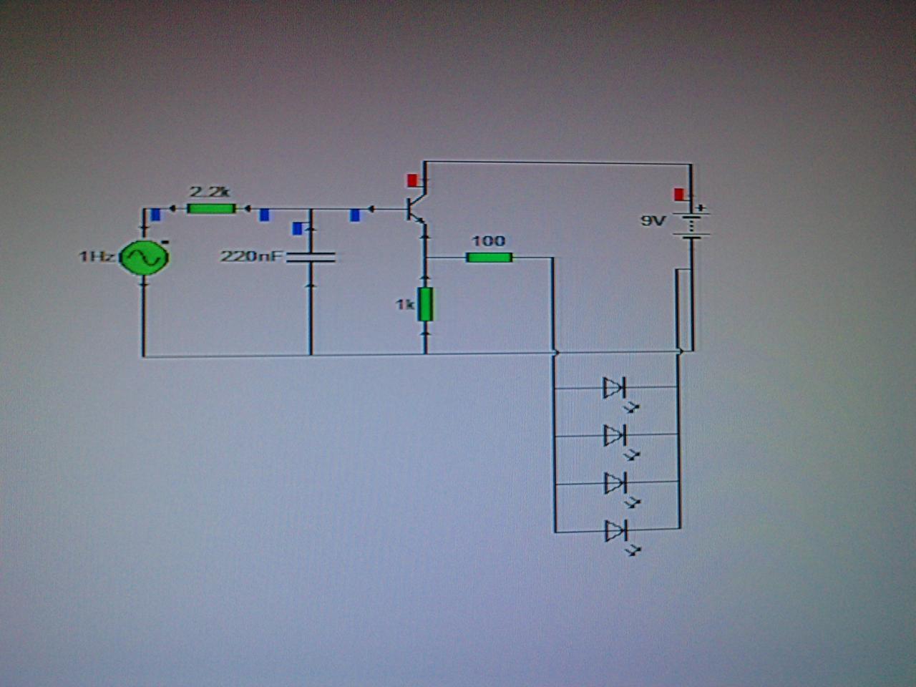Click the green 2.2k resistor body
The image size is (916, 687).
[x=210, y=208]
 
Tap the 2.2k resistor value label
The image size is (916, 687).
[x=209, y=192]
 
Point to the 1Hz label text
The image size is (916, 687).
[x=96, y=256]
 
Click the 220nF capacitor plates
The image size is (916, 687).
[x=311, y=257]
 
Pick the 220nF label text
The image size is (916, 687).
[x=251, y=255]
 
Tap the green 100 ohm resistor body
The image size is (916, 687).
[x=489, y=257]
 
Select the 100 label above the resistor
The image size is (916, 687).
[x=488, y=241]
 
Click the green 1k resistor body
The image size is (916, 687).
[x=426, y=305]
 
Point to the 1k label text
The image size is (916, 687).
[x=404, y=305]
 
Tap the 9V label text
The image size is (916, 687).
[x=653, y=221]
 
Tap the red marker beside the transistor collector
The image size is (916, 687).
[x=412, y=180]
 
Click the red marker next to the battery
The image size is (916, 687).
[x=678, y=194]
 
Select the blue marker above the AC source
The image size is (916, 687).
[x=155, y=213]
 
